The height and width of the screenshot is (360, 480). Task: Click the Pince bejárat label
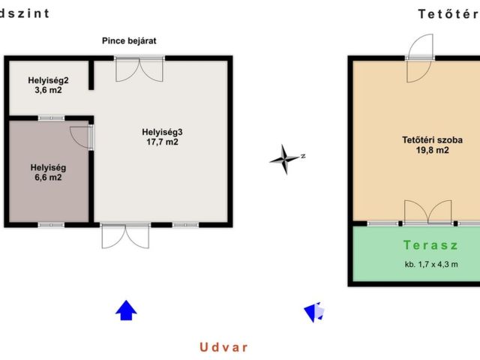pos(129,40)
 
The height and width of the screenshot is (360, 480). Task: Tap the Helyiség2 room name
pos(48,80)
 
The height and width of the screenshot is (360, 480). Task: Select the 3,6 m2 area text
pos(48,90)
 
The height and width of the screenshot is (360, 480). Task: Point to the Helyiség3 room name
pos(162,132)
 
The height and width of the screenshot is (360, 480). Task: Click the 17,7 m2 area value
pos(162,142)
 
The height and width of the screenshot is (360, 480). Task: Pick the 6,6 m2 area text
pos(48,177)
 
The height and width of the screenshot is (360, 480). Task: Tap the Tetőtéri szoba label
pos(432,140)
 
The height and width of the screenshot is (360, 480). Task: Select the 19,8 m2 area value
pos(432,150)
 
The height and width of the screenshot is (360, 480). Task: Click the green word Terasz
pos(430,245)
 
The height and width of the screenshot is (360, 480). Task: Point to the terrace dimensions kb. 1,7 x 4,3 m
pos(431,264)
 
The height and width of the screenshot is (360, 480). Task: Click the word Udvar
pos(223,347)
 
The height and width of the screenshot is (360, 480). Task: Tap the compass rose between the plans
pos(285,159)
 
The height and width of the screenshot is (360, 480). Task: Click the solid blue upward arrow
pos(126,310)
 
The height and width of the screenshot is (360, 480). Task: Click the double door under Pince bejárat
pos(139,69)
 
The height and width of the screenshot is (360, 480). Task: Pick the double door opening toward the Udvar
pos(125,236)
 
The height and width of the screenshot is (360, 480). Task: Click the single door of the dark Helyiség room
pos(82,137)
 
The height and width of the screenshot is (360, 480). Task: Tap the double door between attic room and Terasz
pos(428,212)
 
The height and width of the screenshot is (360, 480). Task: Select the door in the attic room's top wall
pos(419,58)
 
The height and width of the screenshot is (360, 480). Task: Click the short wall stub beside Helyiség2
pos(91,74)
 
